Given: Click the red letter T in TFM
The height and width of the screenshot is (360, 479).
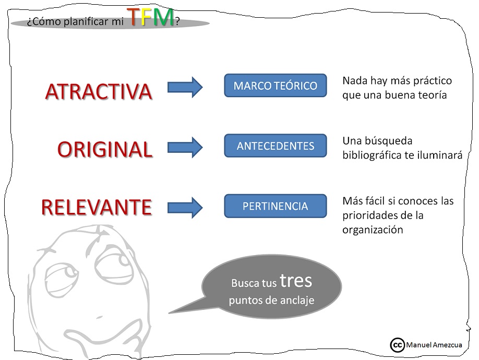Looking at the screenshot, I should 134,17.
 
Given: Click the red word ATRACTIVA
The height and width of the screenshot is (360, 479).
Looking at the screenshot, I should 99,92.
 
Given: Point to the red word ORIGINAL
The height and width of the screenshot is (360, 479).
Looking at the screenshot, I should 104,150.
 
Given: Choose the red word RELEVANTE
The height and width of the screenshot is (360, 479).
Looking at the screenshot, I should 96,208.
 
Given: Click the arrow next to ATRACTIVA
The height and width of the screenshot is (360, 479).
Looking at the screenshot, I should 185,87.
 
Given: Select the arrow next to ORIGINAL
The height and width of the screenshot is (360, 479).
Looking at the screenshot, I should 185,147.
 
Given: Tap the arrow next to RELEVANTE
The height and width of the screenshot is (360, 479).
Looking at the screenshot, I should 185,207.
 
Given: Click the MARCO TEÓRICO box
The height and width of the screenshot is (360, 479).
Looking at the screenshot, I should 275,86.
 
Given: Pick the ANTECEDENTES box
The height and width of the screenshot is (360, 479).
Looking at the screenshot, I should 275,146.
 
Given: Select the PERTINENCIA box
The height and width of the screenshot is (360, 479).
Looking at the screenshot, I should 275,206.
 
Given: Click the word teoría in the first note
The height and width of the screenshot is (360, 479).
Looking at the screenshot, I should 430,95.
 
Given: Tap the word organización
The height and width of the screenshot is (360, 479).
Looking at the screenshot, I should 373,230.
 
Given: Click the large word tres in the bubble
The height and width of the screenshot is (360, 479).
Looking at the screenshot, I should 295,281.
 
